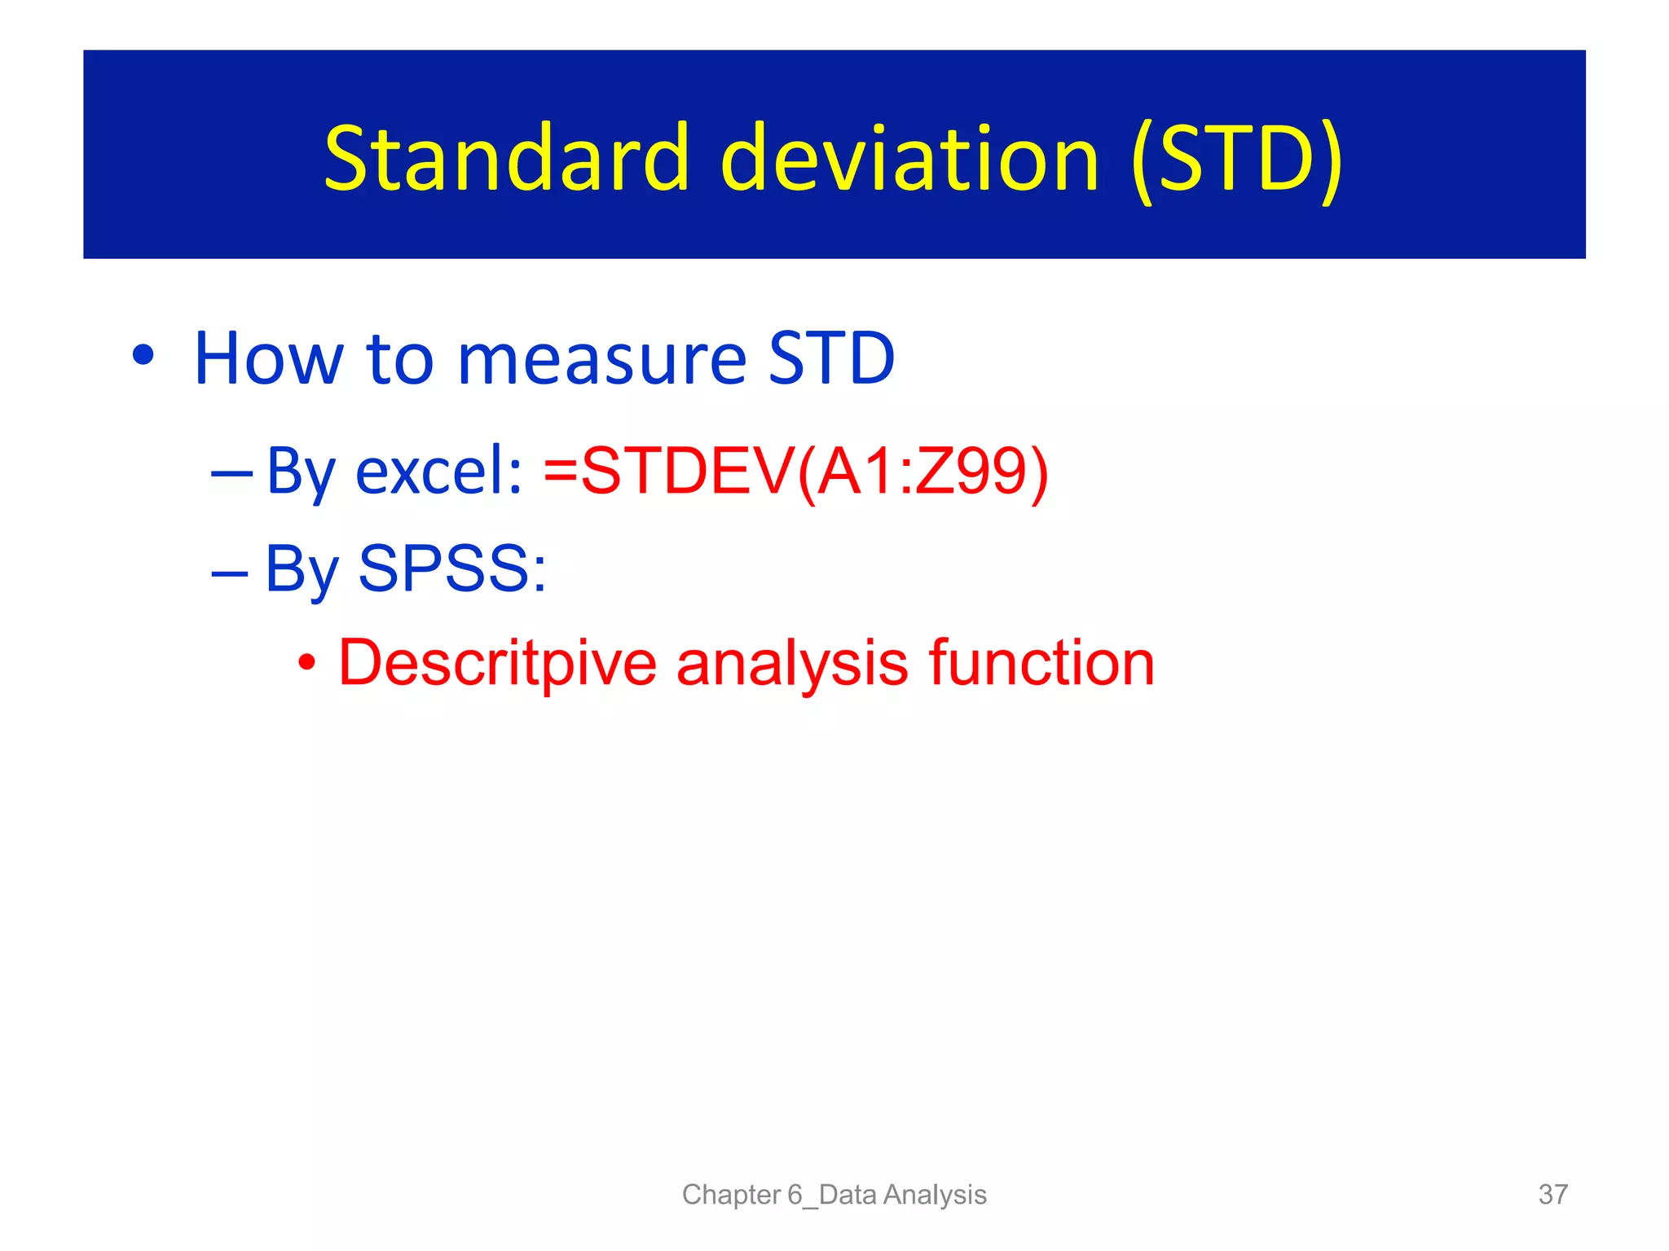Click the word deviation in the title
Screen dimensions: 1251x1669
pyautogui.click(x=909, y=159)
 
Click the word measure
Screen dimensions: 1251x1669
pyautogui.click(x=601, y=360)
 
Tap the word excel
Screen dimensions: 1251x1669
pyautogui.click(x=438, y=472)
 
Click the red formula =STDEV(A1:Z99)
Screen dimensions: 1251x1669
pyautogui.click(x=795, y=472)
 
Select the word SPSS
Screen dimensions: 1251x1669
pyautogui.click(x=452, y=568)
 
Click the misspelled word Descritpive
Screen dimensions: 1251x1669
pyautogui.click(x=497, y=663)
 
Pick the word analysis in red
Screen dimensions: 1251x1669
pyautogui.click(x=791, y=663)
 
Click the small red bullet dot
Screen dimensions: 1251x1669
pyautogui.click(x=306, y=663)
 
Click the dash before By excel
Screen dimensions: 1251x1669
pyautogui.click(x=231, y=472)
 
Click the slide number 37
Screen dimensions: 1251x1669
pyautogui.click(x=1552, y=1194)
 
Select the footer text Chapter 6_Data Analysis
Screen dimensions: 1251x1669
pyautogui.click(x=834, y=1194)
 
